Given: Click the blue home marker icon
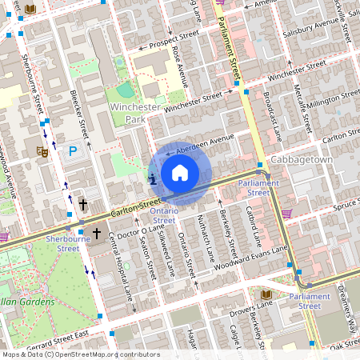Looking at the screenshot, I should [180, 173].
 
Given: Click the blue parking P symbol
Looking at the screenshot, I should [73, 150].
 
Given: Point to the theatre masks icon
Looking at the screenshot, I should [42, 150].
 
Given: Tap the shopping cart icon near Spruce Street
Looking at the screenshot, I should [286, 213].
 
